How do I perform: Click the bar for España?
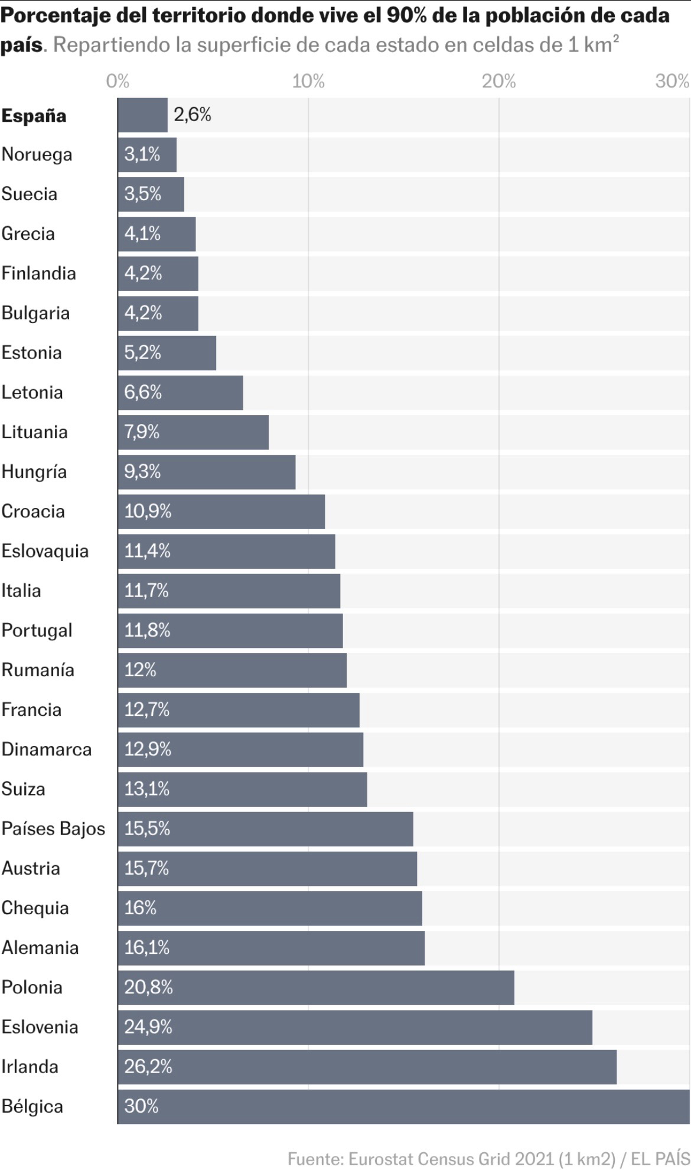143,115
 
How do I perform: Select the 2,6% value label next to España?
192,115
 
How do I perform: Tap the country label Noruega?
37,155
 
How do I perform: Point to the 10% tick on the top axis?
308,81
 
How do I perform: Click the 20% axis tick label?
498,81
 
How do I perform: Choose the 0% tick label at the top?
118,81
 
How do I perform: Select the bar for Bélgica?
403,1106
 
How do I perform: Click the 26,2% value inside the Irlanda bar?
148,1067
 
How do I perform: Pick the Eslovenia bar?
354,1027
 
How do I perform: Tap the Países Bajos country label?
53,829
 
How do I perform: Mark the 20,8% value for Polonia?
148,988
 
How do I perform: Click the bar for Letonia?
180,392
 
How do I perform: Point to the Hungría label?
34,472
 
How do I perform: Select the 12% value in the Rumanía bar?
140,670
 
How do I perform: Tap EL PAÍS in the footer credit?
660,1159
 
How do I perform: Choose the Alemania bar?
271,948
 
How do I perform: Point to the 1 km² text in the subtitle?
593,44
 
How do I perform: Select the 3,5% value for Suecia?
142,194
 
